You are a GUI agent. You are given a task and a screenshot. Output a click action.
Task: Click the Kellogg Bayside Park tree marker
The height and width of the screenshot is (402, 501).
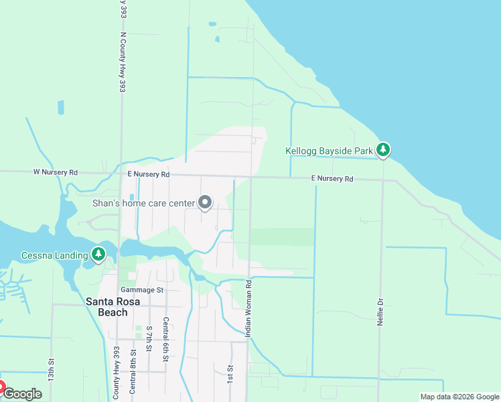tap(382, 149)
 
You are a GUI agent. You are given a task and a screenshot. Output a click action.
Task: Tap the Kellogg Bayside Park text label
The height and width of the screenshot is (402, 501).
tap(329, 151)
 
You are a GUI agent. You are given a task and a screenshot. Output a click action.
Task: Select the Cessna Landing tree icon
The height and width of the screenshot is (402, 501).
tap(99, 254)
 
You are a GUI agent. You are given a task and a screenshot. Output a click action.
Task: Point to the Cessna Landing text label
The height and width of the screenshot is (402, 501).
tap(54, 255)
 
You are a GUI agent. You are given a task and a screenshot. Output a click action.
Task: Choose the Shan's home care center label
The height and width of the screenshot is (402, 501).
tap(143, 202)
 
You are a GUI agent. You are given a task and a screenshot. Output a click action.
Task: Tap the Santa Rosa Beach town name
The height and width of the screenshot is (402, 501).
tap(106, 307)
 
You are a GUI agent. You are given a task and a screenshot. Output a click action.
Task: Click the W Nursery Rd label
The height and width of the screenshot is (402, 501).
tap(56, 172)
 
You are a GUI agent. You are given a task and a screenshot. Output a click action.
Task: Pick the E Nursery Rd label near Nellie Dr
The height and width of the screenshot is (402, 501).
tap(332, 179)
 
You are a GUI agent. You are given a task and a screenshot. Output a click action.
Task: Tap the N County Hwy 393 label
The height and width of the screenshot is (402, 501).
tap(123, 64)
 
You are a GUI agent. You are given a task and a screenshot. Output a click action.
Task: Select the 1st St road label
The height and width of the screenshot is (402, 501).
tap(229, 374)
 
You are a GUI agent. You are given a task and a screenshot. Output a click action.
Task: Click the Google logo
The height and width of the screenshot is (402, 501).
tap(22, 394)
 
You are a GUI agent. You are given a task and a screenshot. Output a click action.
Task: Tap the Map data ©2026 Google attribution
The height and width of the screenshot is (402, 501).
tap(459, 397)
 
